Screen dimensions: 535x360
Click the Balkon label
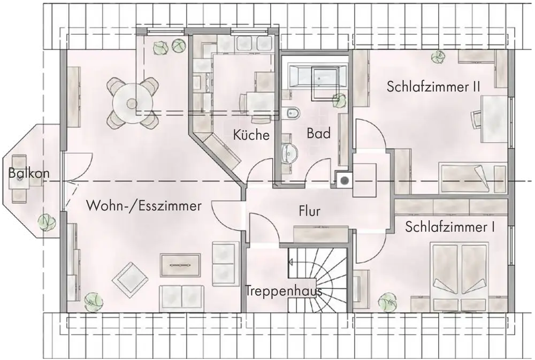coord(29,173)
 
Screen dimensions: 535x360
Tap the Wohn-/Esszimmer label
coord(143,206)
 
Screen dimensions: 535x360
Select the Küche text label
coord(251,135)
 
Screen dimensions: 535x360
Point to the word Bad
coord(319,133)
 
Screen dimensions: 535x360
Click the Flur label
coord(310,211)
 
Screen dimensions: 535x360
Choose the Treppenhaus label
coord(284,291)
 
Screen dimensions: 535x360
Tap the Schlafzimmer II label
coord(433,86)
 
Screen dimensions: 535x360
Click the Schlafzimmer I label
coord(450,227)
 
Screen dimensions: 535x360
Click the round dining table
coord(132,103)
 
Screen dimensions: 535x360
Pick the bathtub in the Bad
coord(317,77)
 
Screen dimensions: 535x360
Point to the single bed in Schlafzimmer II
coord(472,178)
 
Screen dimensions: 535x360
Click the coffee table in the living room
coord(180,265)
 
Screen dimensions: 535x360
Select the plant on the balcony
coord(47,222)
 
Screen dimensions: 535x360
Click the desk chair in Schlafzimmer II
coord(476,119)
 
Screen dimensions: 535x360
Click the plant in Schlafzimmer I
coord(387,302)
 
